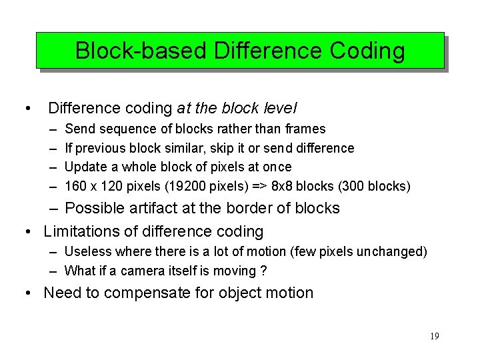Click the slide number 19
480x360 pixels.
click(434, 336)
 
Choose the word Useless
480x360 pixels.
click(88, 251)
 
